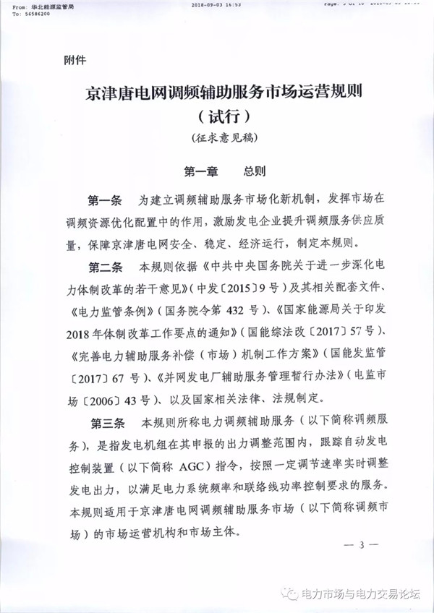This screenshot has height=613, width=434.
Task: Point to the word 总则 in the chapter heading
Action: (255, 172)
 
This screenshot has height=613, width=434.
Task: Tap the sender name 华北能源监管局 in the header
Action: (54, 4)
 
